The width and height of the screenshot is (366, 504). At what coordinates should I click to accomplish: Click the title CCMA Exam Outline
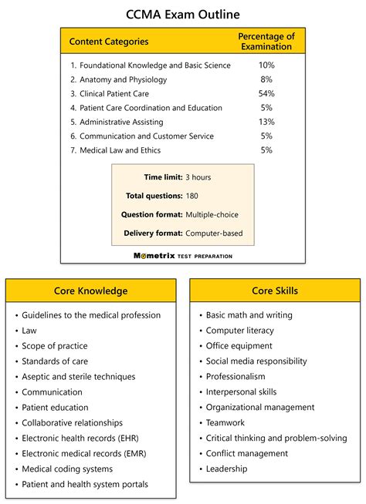click(x=183, y=14)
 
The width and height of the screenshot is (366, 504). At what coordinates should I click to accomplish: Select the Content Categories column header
click(x=109, y=42)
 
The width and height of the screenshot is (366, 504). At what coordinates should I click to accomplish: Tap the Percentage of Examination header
click(x=266, y=42)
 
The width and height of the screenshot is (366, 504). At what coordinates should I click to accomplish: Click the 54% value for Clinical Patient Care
click(x=266, y=93)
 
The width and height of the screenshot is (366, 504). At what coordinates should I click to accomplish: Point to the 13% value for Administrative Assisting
click(x=266, y=122)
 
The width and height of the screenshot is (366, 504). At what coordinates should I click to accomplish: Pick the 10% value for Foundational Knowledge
click(x=266, y=66)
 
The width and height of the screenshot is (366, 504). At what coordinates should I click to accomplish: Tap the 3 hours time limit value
click(x=198, y=177)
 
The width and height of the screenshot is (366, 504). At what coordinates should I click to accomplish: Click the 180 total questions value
click(x=192, y=196)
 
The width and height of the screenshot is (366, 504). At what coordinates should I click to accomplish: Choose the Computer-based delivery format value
click(x=214, y=233)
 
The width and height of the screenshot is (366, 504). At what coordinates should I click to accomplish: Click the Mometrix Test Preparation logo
click(x=183, y=256)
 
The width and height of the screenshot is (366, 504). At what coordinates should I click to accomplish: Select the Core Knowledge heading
click(x=91, y=291)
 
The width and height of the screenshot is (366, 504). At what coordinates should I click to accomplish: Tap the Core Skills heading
click(x=274, y=291)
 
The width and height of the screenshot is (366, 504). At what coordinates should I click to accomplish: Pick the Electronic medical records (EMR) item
click(x=83, y=453)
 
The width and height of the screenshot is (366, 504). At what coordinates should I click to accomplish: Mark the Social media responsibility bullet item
click(x=256, y=361)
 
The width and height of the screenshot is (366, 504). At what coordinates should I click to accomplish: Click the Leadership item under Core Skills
click(x=226, y=469)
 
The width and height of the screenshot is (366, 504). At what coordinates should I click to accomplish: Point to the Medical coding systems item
click(x=67, y=469)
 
